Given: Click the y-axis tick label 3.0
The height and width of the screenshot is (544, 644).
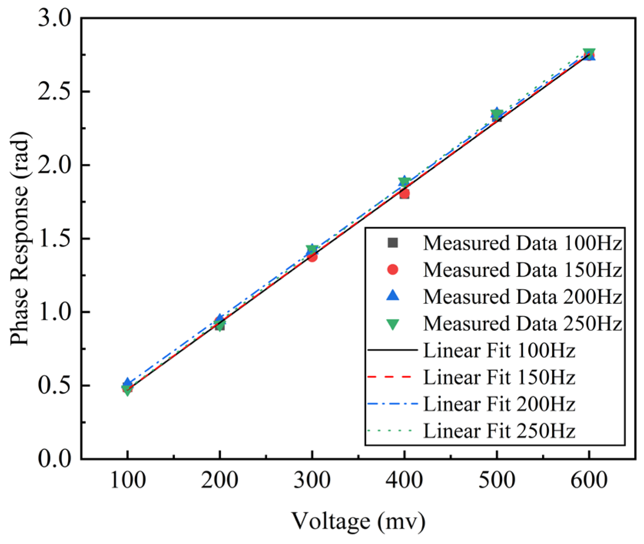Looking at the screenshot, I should (55, 18).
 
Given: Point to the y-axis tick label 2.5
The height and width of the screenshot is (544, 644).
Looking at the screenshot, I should (55, 92).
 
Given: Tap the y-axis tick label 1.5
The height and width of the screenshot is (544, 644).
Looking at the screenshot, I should (55, 239).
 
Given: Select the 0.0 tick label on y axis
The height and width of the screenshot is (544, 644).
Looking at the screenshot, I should (55, 459).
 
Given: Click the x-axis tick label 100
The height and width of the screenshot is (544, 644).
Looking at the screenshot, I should (128, 480).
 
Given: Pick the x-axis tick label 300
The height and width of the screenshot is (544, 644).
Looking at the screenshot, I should (312, 480).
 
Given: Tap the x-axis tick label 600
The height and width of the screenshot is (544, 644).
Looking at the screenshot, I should (589, 480).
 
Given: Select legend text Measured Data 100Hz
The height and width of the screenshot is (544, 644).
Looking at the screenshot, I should (522, 243).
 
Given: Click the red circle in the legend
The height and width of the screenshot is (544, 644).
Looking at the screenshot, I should (393, 270).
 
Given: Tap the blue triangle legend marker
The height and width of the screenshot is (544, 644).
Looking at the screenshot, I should (393, 296).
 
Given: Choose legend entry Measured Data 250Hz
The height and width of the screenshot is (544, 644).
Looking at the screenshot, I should (522, 324).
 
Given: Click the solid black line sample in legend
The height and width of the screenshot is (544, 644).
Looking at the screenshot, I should (392, 350).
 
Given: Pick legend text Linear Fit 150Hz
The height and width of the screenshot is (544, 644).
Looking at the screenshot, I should (499, 377).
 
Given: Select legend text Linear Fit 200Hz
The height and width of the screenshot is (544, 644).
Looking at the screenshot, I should (499, 404).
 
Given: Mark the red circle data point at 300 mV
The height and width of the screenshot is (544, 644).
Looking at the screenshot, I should (313, 257).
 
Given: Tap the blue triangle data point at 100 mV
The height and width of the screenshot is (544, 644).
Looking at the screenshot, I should (128, 382).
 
